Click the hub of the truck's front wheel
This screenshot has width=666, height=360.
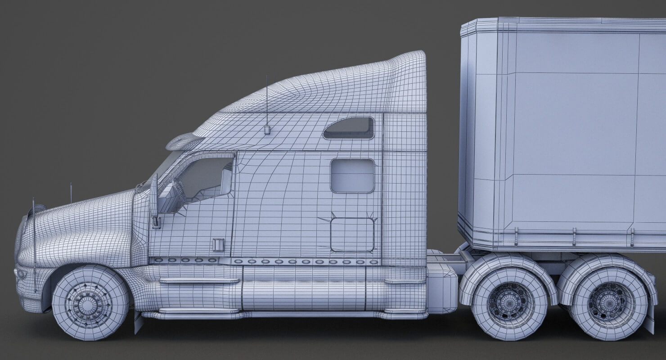(90, 304)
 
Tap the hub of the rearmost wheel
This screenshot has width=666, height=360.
(609, 301)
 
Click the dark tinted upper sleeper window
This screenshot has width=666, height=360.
(349, 129)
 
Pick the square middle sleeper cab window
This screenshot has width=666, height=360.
(352, 175)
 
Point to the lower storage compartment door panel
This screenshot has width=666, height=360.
(352, 234)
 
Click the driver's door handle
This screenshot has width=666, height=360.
(218, 244)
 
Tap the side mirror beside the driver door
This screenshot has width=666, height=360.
(154, 198)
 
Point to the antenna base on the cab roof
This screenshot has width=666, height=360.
(267, 130)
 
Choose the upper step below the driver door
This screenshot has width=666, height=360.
(199, 281)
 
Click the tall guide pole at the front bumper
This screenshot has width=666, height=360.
(34, 243)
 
